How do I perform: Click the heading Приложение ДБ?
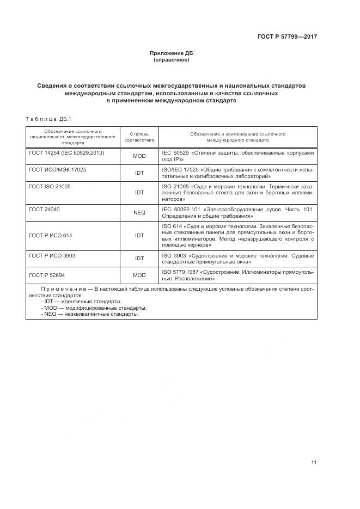coord(171,53)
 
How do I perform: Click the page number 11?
coord(314,463)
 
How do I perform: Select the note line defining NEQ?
coord(90,314)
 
